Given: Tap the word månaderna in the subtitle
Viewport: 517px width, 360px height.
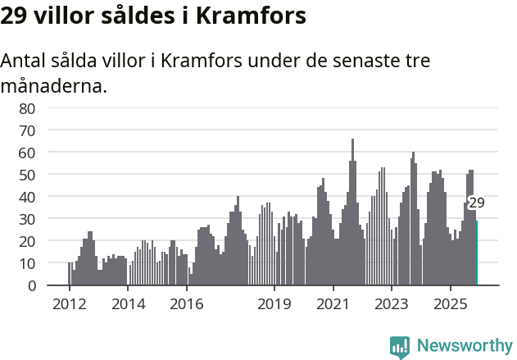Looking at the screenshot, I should (54, 85).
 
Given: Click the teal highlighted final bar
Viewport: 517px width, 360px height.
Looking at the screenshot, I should (477, 253).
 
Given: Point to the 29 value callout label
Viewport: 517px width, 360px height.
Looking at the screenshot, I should (476, 203).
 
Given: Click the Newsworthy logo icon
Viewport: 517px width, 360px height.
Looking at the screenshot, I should (400, 347).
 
